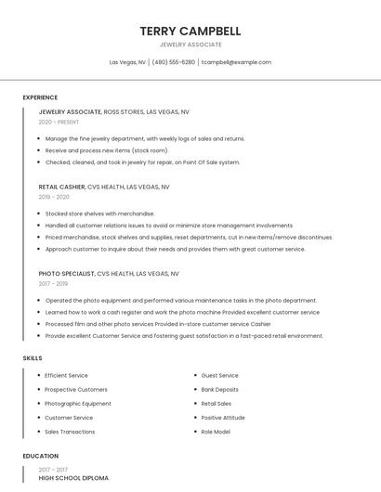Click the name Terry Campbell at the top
point(190,31)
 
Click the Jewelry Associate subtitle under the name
point(190,45)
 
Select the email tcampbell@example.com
point(236,62)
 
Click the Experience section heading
point(40,97)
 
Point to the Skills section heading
point(33,357)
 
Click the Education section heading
point(41,456)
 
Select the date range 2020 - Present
point(59,122)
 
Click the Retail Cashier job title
point(62,187)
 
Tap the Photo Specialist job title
point(67,274)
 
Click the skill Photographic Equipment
point(78,404)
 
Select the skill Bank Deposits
point(220,390)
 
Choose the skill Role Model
point(216,432)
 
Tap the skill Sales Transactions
point(70,432)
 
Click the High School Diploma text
point(73,477)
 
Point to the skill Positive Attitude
point(223,418)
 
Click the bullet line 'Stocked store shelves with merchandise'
point(99,214)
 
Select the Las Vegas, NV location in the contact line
point(127,62)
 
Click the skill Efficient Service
point(67,375)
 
